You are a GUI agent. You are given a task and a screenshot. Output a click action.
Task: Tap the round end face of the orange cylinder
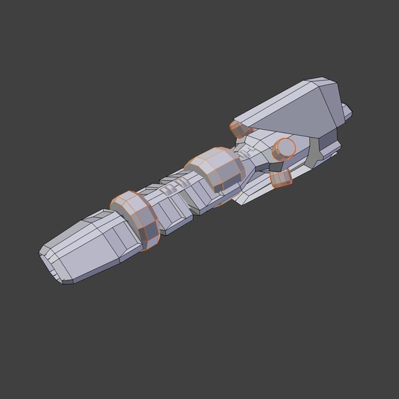[x=287, y=147]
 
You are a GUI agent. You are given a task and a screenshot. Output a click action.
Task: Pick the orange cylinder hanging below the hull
[x=282, y=179]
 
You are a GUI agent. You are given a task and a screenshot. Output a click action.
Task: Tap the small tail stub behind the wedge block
[x=346, y=113]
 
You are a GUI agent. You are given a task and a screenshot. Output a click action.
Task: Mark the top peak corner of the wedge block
[x=324, y=80]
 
